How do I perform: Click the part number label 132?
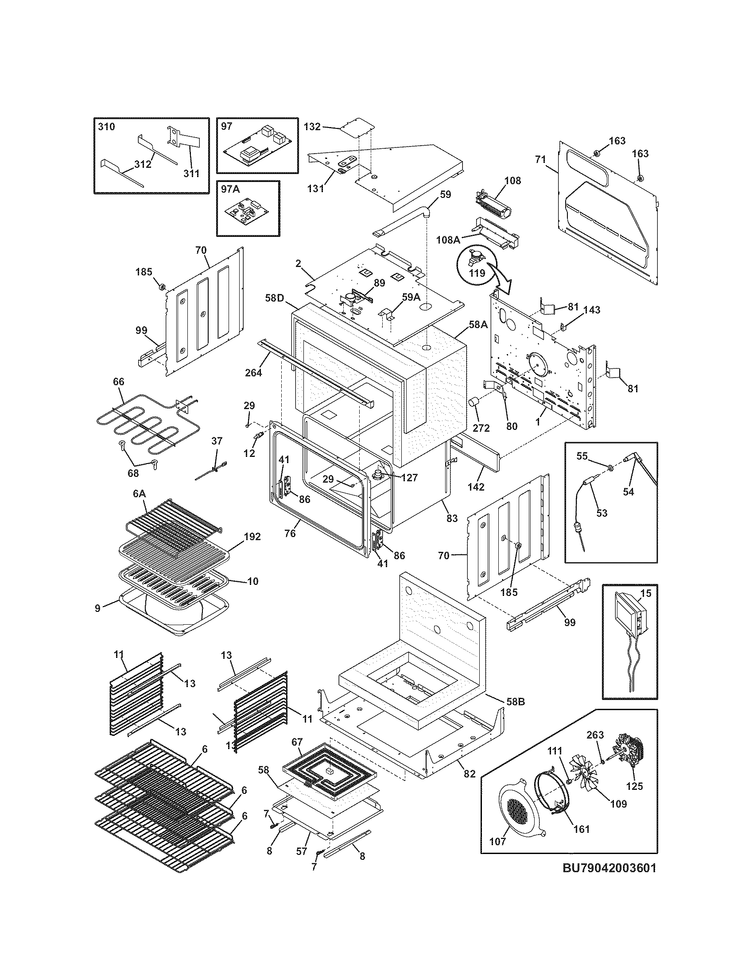pyautogui.click(x=312, y=127)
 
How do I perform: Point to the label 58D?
pyautogui.click(x=274, y=298)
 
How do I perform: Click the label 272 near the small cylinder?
pyautogui.click(x=481, y=428)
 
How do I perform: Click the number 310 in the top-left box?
pyautogui.click(x=106, y=127)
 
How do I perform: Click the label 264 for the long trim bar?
pyautogui.click(x=253, y=372)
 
